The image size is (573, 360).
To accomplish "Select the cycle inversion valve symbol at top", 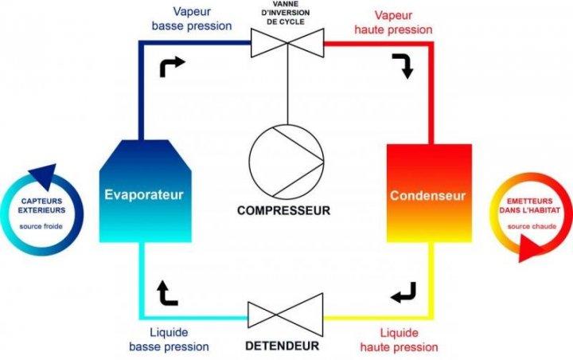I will click(x=286, y=41).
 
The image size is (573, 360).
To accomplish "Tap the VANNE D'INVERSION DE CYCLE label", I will click(x=286, y=14).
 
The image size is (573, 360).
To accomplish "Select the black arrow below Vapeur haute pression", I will click(x=402, y=67).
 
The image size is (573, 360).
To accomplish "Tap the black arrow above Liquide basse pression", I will click(x=167, y=294).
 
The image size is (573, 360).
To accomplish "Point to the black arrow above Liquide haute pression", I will click(x=403, y=294).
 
